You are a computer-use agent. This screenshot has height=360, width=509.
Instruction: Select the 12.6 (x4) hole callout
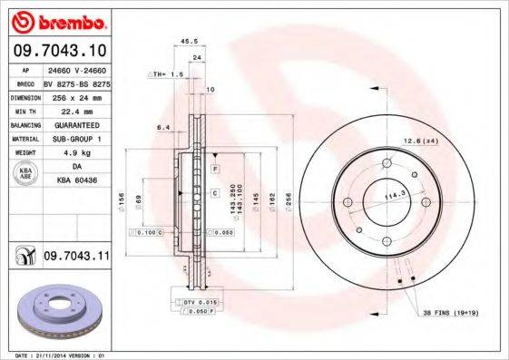[420, 141]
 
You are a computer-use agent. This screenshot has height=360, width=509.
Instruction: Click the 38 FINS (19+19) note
[452, 313]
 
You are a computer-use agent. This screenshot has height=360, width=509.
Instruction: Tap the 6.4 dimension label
[163, 128]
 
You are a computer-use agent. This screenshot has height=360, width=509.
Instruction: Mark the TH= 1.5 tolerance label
[166, 73]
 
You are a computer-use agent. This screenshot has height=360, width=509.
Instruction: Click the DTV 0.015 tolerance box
[197, 300]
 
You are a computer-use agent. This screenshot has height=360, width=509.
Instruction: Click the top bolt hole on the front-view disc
[386, 163]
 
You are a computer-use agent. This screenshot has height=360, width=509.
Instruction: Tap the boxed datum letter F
[215, 170]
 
